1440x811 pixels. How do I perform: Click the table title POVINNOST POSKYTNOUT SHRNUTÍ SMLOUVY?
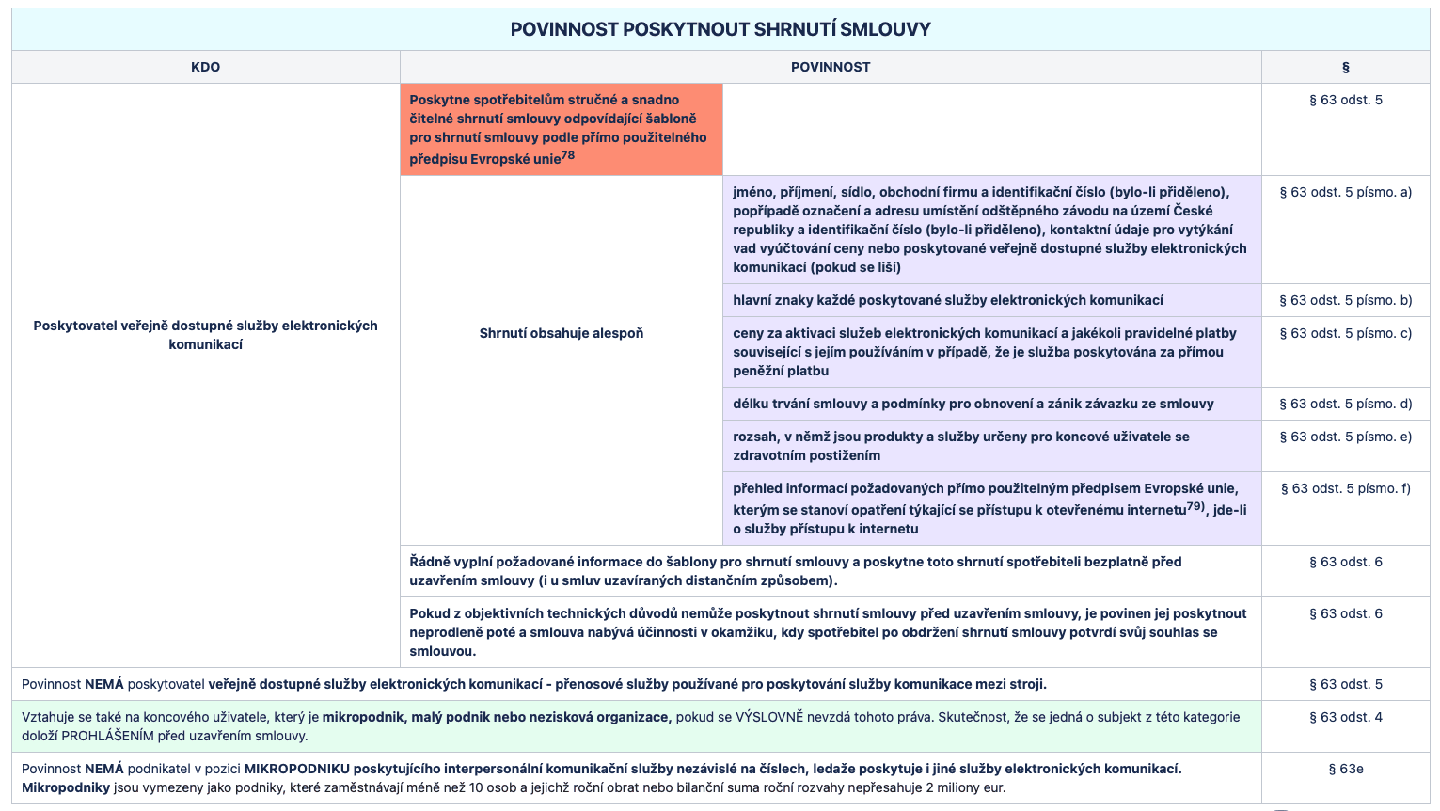tap(720, 29)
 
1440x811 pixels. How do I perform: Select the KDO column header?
tap(205, 67)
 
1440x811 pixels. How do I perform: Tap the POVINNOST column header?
tap(831, 67)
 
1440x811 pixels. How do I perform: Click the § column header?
tap(1345, 67)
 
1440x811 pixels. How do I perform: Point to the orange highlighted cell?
tap(561, 129)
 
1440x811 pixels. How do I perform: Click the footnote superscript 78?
tap(568, 155)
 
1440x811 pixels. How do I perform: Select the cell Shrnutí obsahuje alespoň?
tap(561, 333)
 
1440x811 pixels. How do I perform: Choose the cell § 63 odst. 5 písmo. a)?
tap(1345, 192)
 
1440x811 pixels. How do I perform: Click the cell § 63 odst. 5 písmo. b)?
tap(1345, 300)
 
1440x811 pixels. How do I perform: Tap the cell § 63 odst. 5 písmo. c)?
tap(1345, 333)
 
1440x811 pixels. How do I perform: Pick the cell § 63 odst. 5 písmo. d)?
tap(1345, 404)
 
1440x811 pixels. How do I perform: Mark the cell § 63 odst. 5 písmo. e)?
tap(1345, 437)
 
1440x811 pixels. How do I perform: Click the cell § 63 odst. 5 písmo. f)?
tap(1345, 488)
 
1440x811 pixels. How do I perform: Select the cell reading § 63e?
tap(1345, 769)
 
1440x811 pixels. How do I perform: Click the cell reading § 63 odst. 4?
tap(1345, 717)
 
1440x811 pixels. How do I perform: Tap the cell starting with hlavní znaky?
tap(947, 300)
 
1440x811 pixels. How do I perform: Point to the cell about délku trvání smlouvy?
tap(973, 404)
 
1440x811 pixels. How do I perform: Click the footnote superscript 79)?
tap(1195, 506)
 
